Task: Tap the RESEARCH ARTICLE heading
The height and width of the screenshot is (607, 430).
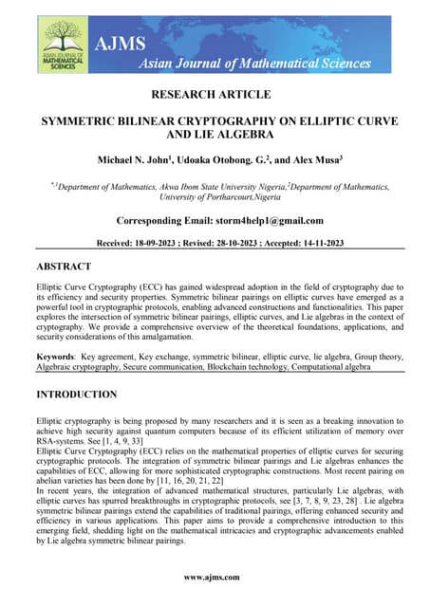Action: point(214,94)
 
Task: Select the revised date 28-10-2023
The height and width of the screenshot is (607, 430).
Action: point(256,244)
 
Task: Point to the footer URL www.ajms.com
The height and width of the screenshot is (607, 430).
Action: point(214,577)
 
